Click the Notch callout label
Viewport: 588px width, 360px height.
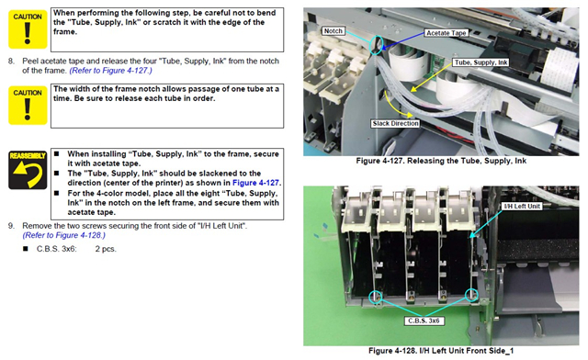(x=333, y=30)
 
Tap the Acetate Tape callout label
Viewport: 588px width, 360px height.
(x=447, y=33)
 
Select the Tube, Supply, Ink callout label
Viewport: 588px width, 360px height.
(x=481, y=62)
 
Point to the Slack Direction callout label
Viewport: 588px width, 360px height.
(x=395, y=123)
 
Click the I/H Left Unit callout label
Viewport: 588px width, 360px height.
(x=522, y=207)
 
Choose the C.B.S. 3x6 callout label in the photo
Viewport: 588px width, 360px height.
(x=424, y=321)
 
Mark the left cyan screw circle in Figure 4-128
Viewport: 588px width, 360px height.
(x=375, y=297)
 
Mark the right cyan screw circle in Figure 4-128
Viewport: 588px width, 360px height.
(x=471, y=295)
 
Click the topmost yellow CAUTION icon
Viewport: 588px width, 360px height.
(x=28, y=29)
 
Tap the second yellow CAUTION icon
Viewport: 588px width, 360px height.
(x=28, y=106)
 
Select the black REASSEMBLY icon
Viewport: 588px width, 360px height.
(x=28, y=170)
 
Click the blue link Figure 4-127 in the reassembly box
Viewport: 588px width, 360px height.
(x=255, y=183)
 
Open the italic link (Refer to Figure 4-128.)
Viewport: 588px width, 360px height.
(x=63, y=235)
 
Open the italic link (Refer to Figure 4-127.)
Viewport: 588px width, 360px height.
(x=110, y=71)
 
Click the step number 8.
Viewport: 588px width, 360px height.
(x=11, y=61)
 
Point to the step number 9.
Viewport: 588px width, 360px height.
(x=11, y=226)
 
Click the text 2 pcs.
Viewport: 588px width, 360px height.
(x=106, y=249)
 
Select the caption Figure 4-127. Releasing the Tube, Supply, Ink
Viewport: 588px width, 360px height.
(x=441, y=161)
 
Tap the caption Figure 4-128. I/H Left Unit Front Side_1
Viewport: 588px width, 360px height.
(x=441, y=351)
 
